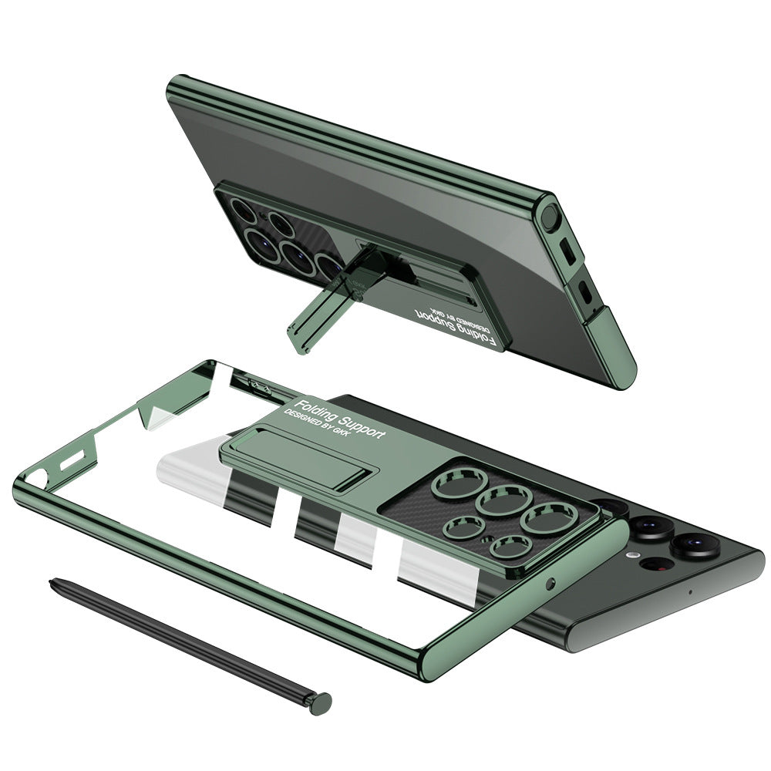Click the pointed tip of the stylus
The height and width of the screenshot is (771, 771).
point(51,582)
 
